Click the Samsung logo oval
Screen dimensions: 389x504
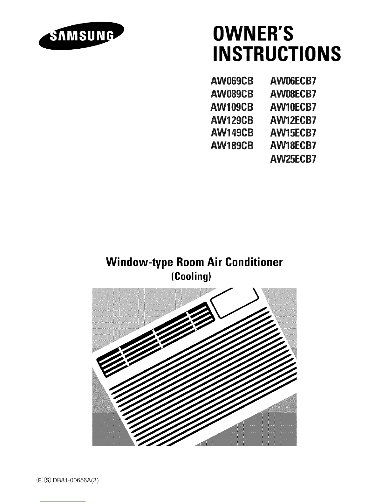tap(81, 36)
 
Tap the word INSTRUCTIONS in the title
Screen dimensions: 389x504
tap(277, 53)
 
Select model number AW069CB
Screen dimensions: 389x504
tap(232, 81)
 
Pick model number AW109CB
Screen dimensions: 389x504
tap(232, 107)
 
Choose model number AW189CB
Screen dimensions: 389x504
tap(232, 146)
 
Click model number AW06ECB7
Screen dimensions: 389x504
tap(293, 81)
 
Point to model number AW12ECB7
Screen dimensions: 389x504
tap(293, 120)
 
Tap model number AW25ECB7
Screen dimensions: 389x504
tap(293, 159)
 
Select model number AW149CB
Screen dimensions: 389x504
tap(232, 133)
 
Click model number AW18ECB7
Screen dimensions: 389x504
tap(293, 146)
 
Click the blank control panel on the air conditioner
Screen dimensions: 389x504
tap(235, 303)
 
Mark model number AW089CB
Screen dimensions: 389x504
tap(232, 94)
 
